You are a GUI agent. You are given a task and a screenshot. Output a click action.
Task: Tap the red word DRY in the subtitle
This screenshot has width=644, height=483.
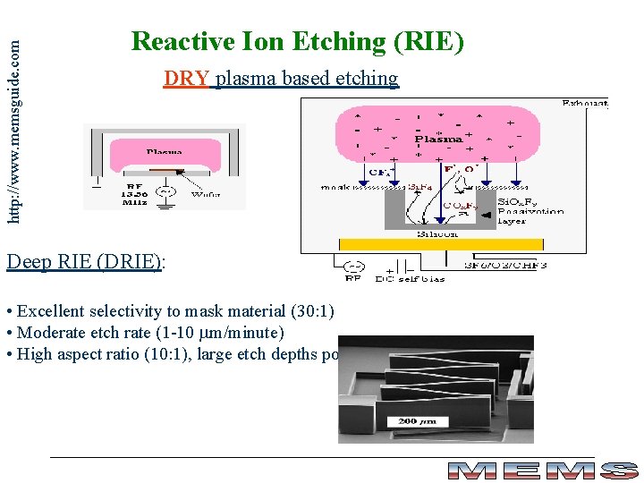tap(186, 79)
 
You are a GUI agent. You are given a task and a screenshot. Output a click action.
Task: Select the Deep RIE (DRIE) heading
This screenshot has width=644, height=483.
tap(86, 261)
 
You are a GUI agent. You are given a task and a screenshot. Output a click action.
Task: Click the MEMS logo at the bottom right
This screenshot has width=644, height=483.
tap(542, 470)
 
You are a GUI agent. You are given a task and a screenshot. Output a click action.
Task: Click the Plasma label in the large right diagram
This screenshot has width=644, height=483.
tap(438, 139)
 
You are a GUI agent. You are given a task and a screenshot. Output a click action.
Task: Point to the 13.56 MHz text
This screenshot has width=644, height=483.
tap(135, 195)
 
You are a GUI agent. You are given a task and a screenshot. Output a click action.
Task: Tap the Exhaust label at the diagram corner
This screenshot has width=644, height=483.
tap(584, 104)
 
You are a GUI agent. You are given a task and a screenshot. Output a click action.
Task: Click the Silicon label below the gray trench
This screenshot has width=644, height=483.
tap(437, 234)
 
